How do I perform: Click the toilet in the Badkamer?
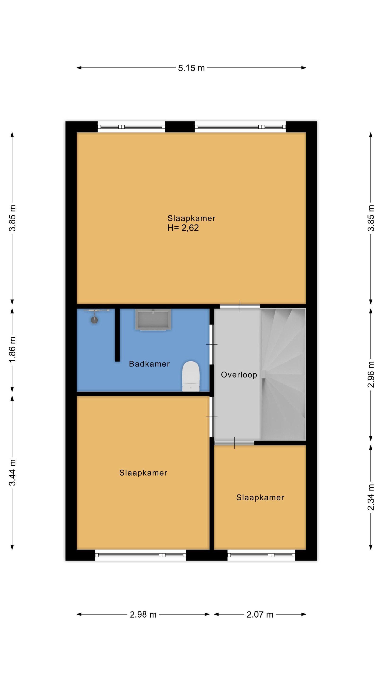(x=191, y=376)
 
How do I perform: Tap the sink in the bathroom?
(x=153, y=319)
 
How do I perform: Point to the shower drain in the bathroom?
(x=94, y=320)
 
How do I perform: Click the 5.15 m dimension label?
(x=191, y=68)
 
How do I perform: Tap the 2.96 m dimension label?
(x=371, y=374)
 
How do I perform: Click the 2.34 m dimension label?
(x=371, y=497)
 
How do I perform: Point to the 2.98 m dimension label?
(x=143, y=615)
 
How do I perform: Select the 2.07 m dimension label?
(x=260, y=615)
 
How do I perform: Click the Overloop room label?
(x=239, y=375)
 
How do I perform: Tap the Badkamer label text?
(x=149, y=364)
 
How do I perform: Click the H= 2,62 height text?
(x=183, y=228)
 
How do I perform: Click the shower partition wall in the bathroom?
(x=117, y=335)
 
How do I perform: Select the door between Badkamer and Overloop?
(x=211, y=345)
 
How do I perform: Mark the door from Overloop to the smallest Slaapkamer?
(x=234, y=443)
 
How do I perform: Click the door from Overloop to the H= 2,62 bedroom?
(x=240, y=306)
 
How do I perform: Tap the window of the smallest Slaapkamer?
(x=261, y=555)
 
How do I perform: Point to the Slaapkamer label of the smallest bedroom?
(x=260, y=498)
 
